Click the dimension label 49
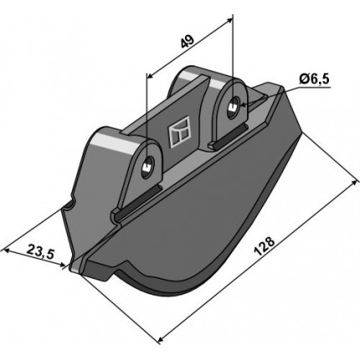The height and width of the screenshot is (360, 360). [x=188, y=42]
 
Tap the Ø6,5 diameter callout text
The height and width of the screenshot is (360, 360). [x=315, y=80]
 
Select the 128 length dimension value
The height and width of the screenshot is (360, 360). [x=265, y=246]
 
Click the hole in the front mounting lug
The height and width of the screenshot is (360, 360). [x=147, y=166]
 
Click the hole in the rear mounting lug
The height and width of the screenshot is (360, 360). [x=234, y=107]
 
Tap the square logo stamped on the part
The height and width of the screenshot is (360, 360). [x=179, y=131]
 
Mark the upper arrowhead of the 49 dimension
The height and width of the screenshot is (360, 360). [x=228, y=20]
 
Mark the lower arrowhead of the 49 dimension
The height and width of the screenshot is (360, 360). [x=151, y=75]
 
